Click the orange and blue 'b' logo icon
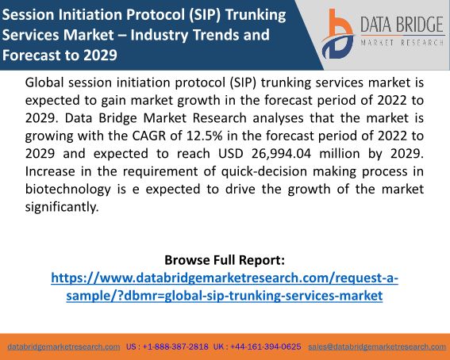[x=338, y=34]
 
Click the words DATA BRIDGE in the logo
[x=402, y=25]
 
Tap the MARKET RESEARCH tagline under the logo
[x=402, y=43]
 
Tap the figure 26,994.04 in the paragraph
[x=281, y=154]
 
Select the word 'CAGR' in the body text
[x=149, y=136]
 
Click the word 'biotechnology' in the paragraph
[x=68, y=190]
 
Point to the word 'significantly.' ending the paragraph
[x=62, y=207]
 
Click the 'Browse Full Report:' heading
[x=225, y=260]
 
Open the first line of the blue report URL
[x=225, y=278]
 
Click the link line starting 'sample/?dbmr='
[x=225, y=296]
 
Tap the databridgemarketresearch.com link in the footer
[x=63, y=347]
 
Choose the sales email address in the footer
[x=377, y=347]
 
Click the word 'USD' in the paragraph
[x=231, y=154]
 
